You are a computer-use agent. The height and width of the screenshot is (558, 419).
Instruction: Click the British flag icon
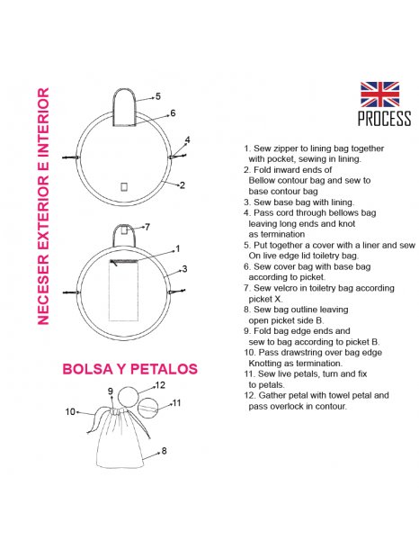(x=379, y=94)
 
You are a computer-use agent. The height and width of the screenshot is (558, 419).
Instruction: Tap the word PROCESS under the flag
(x=384, y=119)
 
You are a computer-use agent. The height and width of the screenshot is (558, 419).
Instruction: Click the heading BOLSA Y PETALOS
(x=129, y=369)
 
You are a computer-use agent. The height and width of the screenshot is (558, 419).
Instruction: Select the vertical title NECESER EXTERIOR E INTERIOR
(x=43, y=206)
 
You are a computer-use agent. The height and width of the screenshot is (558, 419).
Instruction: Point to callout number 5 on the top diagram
(x=157, y=96)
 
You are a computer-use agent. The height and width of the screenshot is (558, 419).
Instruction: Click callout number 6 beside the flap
(x=173, y=112)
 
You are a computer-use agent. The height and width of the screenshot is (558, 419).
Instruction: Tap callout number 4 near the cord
(x=187, y=139)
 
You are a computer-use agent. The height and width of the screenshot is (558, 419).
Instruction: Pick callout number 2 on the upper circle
(x=182, y=185)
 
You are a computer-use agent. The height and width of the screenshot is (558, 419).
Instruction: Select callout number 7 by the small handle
(x=147, y=227)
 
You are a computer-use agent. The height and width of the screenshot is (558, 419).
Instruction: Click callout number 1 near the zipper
(x=178, y=248)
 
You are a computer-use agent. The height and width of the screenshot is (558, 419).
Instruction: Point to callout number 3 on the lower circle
(x=184, y=269)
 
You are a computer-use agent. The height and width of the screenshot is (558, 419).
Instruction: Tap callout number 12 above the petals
(x=160, y=385)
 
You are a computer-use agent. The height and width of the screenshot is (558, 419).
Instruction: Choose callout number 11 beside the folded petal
(x=176, y=403)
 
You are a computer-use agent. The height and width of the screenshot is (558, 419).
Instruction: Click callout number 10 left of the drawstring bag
(x=70, y=411)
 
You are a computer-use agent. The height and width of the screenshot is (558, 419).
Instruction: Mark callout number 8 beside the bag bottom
(x=164, y=451)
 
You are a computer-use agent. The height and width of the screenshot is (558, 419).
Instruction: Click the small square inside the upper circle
(x=124, y=186)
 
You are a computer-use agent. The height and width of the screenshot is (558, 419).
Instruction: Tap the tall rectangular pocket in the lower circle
(x=123, y=291)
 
